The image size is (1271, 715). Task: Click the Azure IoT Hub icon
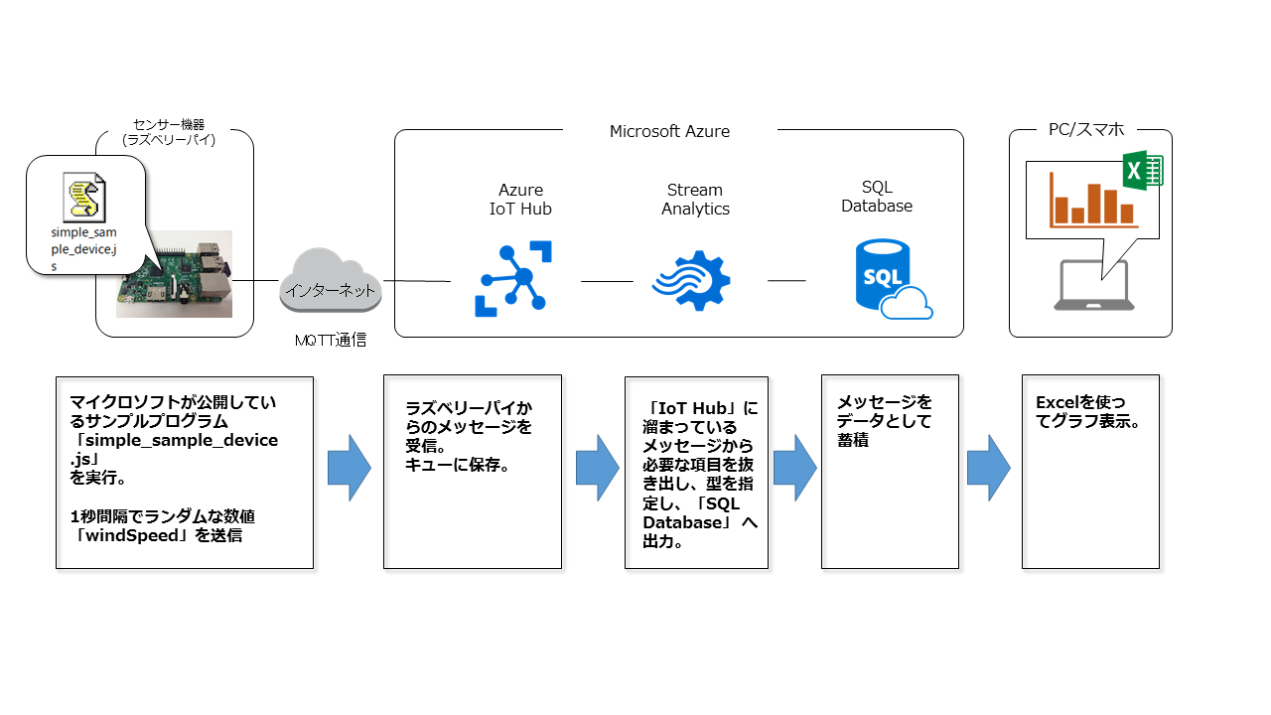tap(513, 279)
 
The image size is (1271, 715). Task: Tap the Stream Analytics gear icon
tap(692, 280)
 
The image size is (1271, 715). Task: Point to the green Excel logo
tap(1142, 170)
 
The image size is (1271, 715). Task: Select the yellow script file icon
tap(83, 196)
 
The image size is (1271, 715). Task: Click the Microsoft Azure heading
tap(669, 131)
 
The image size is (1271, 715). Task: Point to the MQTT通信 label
tap(331, 341)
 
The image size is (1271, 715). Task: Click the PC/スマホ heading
tap(1086, 129)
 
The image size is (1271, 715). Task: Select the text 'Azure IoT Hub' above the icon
tap(520, 200)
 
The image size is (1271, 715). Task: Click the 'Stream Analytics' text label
tap(695, 200)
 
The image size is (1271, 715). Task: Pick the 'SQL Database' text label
tap(877, 197)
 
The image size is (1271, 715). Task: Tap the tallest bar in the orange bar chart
tap(1094, 204)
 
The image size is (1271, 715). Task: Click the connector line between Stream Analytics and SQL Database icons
tap(786, 280)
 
